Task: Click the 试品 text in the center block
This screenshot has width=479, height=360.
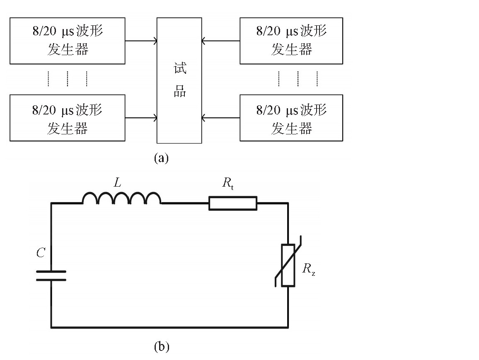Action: click(x=180, y=80)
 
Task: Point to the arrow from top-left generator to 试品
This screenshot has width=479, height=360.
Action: click(x=141, y=41)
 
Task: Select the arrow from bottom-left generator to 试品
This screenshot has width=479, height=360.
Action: click(x=141, y=118)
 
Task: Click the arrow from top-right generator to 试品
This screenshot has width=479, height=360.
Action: click(x=220, y=41)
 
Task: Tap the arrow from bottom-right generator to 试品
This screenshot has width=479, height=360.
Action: click(x=220, y=118)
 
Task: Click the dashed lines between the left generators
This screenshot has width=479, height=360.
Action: click(x=68, y=79)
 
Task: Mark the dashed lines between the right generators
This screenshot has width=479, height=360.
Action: click(x=298, y=79)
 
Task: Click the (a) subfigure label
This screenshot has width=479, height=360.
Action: click(x=161, y=158)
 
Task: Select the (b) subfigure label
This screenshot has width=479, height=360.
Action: click(x=162, y=347)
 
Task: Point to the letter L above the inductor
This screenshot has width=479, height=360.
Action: click(x=118, y=182)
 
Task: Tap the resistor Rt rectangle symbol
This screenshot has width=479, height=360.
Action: click(x=233, y=203)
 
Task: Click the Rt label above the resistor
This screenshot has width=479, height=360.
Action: click(x=228, y=183)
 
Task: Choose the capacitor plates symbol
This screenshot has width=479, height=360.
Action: click(x=51, y=275)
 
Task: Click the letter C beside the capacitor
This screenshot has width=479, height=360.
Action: click(x=41, y=253)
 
